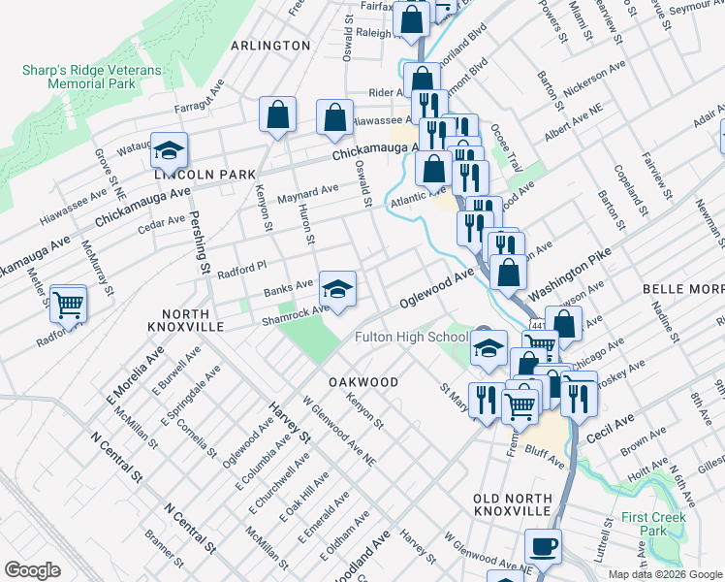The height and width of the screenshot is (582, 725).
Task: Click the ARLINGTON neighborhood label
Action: (270, 46)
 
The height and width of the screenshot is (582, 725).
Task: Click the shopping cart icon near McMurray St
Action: (69, 305)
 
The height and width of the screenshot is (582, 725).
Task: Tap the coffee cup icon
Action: (543, 546)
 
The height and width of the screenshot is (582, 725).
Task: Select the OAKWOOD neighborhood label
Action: (363, 382)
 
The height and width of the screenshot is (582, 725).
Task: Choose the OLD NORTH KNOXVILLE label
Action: (512, 504)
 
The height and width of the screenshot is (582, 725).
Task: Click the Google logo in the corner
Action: (32, 570)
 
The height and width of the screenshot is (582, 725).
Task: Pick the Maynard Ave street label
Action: (307, 194)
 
